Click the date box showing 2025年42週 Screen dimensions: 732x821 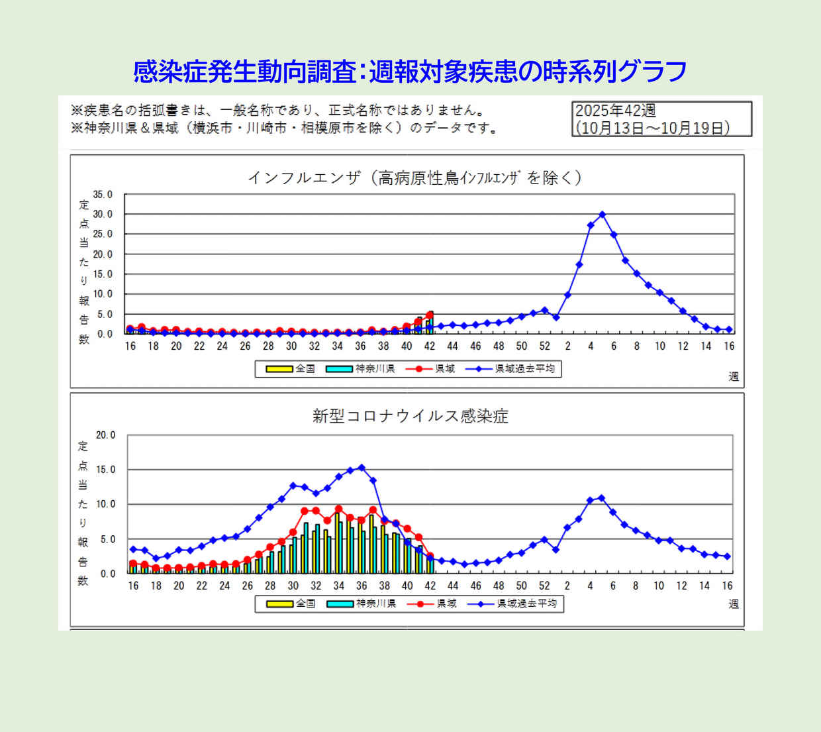click(x=661, y=119)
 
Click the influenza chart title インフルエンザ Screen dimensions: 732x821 click(x=304, y=178)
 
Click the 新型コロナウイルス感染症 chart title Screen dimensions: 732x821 click(x=410, y=416)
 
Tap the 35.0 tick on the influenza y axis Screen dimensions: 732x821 click(x=103, y=195)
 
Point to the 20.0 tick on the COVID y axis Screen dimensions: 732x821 click(x=105, y=435)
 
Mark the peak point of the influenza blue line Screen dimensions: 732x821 click(x=602, y=215)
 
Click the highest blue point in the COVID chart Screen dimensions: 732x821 click(x=362, y=468)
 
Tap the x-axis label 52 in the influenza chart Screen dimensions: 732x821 click(x=544, y=346)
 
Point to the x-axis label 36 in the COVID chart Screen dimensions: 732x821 click(x=362, y=586)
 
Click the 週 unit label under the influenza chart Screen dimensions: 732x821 click(x=733, y=376)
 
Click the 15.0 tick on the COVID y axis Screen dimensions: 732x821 click(x=105, y=470)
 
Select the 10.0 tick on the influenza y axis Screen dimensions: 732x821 click(x=103, y=294)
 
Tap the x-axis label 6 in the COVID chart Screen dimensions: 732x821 click(x=612, y=586)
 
